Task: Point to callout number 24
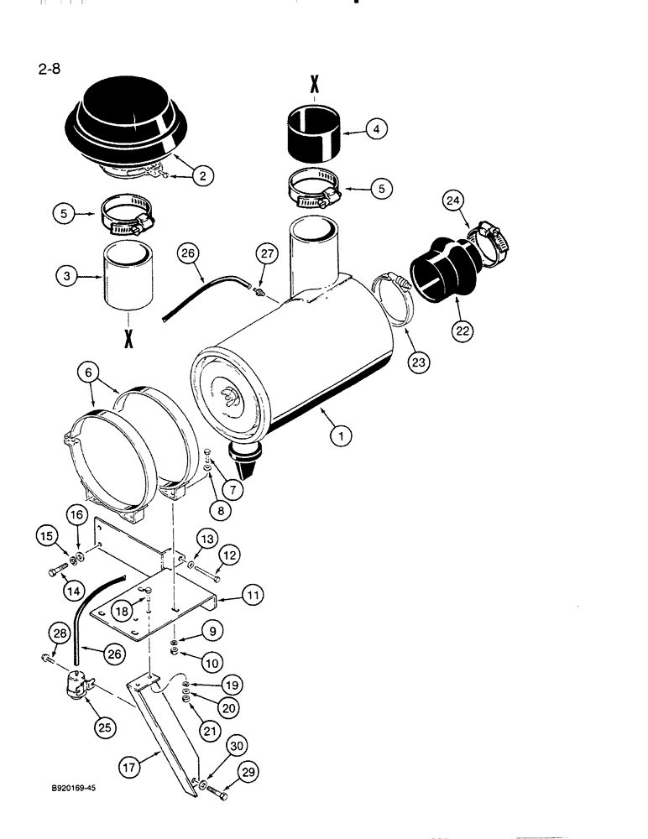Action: (x=452, y=201)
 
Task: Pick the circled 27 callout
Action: (x=267, y=255)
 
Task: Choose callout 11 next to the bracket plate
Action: (x=251, y=595)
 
